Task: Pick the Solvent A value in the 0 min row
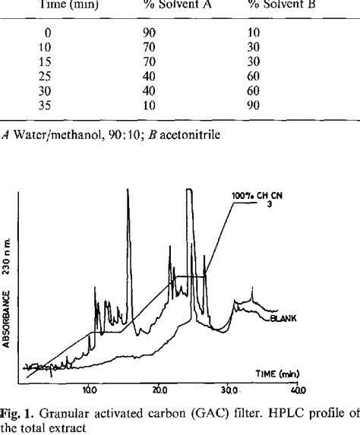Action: pos(153,35)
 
